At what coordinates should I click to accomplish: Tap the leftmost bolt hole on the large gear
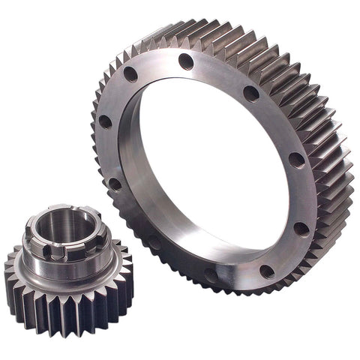tap(105, 121)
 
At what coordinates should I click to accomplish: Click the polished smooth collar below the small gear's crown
tap(67, 266)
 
